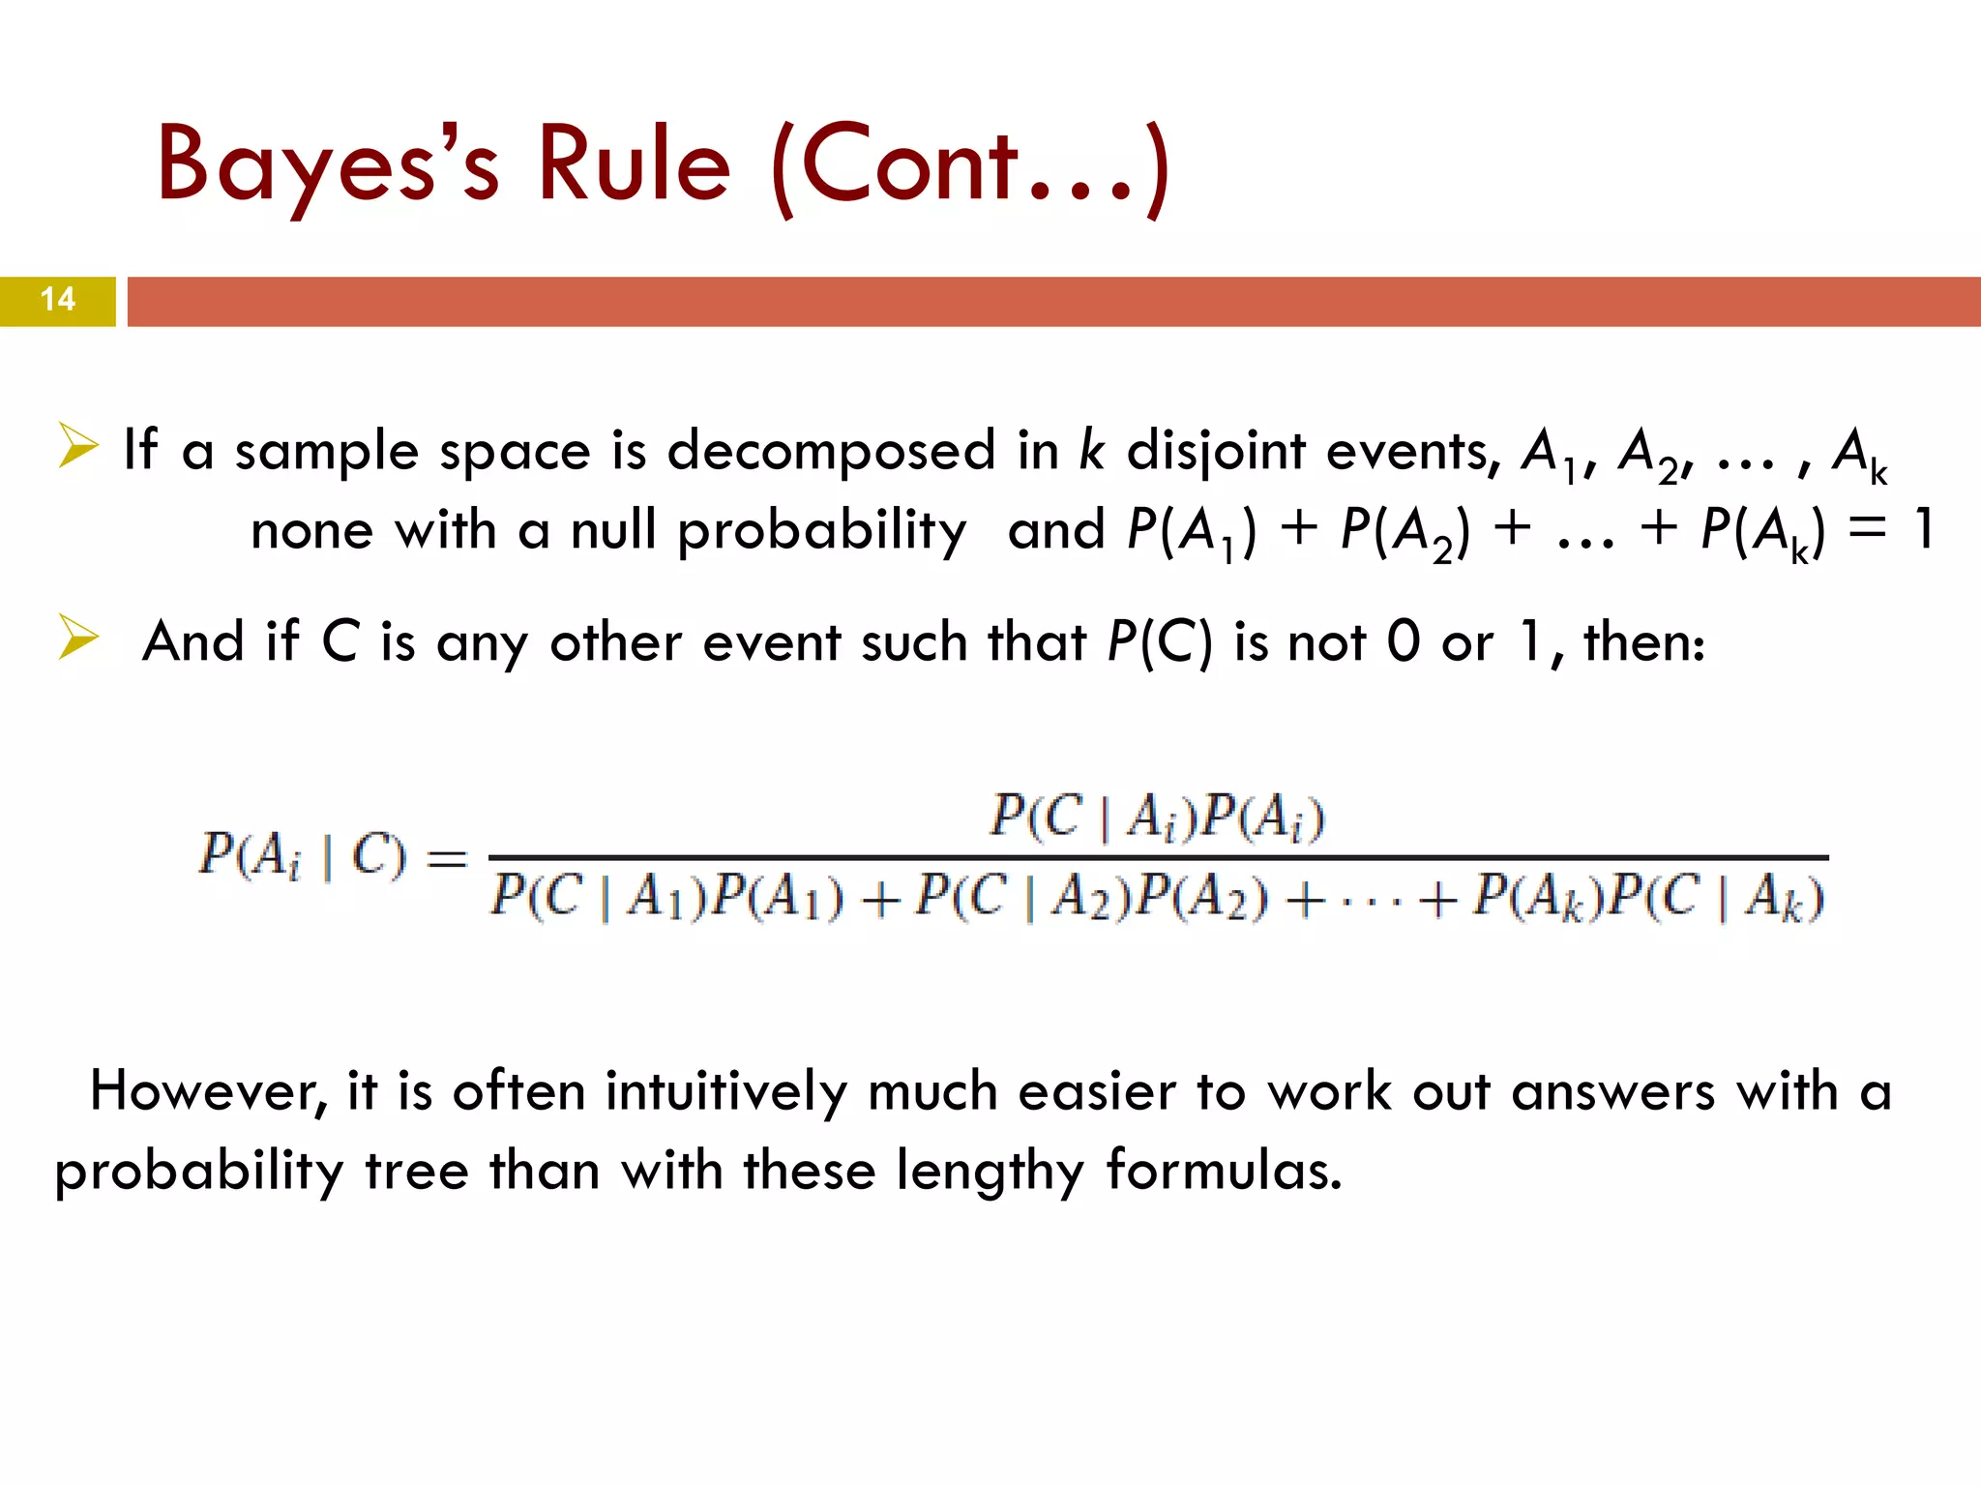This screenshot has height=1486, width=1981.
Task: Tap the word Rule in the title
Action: [634, 164]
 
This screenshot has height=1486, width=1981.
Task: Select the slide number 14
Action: [58, 300]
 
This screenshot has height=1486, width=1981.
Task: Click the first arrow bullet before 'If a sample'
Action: [77, 446]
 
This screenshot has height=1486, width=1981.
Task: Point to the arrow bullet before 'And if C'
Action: [77, 638]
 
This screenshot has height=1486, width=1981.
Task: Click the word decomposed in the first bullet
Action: [831, 453]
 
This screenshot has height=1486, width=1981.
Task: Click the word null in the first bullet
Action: [613, 530]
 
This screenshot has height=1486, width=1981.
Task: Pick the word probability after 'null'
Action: [822, 532]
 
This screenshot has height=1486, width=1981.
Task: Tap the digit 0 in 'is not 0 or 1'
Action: [1404, 641]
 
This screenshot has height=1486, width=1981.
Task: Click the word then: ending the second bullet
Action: [1644, 641]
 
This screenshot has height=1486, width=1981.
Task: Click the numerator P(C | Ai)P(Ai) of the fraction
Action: [1157, 817]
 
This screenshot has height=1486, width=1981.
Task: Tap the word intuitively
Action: [726, 1092]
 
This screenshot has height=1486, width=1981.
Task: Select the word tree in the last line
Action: [417, 1171]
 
